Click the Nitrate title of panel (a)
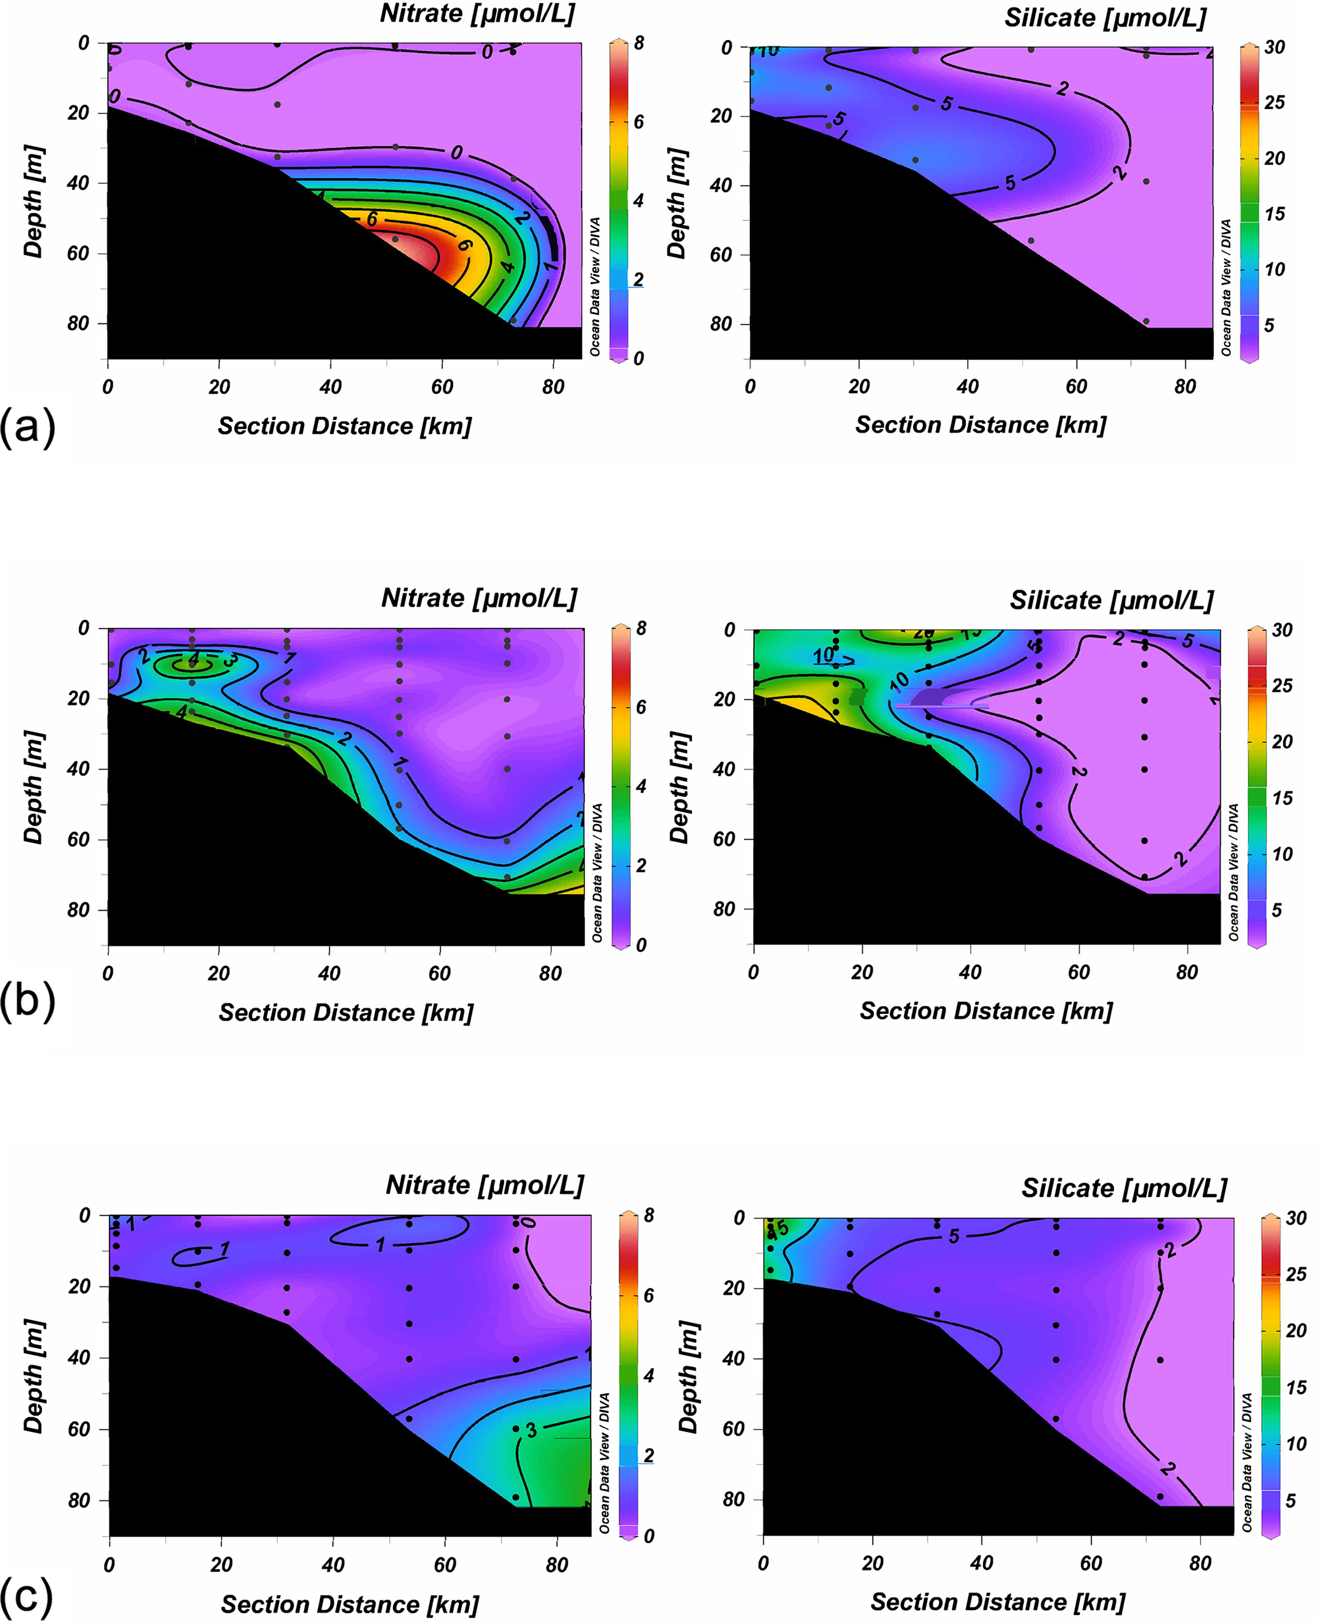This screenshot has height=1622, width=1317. pos(477,13)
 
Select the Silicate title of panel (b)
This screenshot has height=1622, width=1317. pos(1111,600)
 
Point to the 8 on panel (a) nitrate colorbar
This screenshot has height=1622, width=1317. pos(639,43)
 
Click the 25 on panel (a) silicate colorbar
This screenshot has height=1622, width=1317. pos(1274,102)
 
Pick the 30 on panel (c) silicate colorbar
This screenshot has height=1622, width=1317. pos(1296,1218)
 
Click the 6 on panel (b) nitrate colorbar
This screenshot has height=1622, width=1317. pos(641,707)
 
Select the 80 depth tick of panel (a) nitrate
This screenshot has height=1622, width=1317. pos(78,323)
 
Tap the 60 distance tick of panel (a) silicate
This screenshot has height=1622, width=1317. pos(1076,387)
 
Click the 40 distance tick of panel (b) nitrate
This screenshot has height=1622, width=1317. pos(329,973)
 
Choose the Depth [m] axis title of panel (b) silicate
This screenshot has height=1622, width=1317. pos(679,788)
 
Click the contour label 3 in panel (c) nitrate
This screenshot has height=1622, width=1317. pos(531,1430)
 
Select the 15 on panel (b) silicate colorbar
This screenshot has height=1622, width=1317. pos(1282,798)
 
